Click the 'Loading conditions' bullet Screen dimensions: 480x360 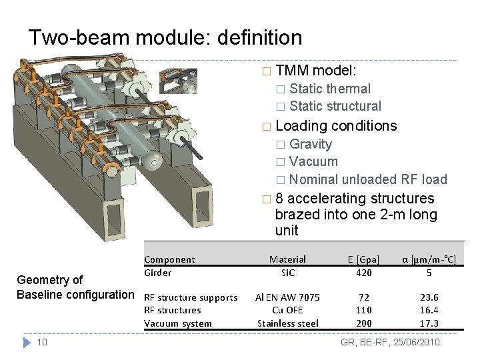[x=335, y=125]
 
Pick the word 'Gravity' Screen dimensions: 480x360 [x=311, y=144]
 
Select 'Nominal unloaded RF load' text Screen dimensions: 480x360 [x=368, y=179]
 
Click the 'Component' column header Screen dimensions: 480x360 [x=169, y=259]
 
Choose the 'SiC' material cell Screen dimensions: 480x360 [x=287, y=272]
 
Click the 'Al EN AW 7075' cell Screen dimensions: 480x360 [x=288, y=297]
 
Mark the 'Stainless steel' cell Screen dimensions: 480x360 [x=288, y=323]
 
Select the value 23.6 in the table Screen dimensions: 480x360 [x=429, y=297]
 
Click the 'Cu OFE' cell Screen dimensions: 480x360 [x=287, y=310]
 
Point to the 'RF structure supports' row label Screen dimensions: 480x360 [x=191, y=297]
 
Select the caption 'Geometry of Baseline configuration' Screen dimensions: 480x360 [x=75, y=287]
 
